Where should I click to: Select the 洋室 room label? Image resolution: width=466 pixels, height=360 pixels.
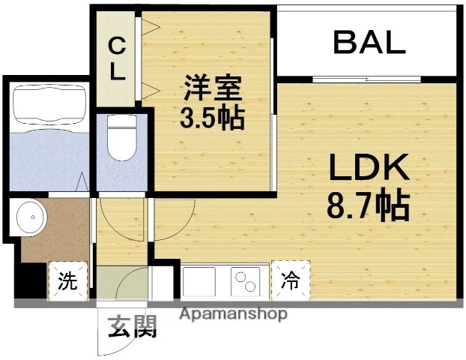click(x=212, y=90)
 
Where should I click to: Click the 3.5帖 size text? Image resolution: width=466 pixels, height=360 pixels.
click(x=212, y=118)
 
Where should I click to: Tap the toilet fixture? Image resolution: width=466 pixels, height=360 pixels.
click(x=119, y=139)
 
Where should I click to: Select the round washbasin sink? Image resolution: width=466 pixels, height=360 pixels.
click(x=31, y=217)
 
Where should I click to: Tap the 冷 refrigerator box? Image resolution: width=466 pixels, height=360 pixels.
click(x=290, y=280)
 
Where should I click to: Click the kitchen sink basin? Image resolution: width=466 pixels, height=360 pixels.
click(x=198, y=282)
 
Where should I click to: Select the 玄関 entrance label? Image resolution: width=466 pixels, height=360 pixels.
click(x=135, y=327)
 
